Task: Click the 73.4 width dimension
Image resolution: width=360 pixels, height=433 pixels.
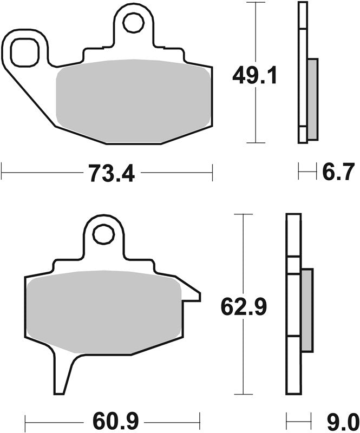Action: pyautogui.click(x=112, y=173)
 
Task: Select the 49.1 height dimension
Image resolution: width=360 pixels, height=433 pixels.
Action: pyautogui.click(x=254, y=76)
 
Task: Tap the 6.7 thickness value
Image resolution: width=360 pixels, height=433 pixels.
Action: pyautogui.click(x=338, y=172)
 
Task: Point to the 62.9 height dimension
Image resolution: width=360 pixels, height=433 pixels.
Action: pyautogui.click(x=244, y=306)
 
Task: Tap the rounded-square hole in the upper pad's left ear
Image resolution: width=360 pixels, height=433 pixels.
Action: pyautogui.click(x=24, y=53)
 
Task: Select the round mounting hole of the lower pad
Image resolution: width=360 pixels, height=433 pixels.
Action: pyautogui.click(x=104, y=235)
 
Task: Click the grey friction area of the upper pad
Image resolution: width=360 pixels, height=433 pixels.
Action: pyautogui.click(x=133, y=101)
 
